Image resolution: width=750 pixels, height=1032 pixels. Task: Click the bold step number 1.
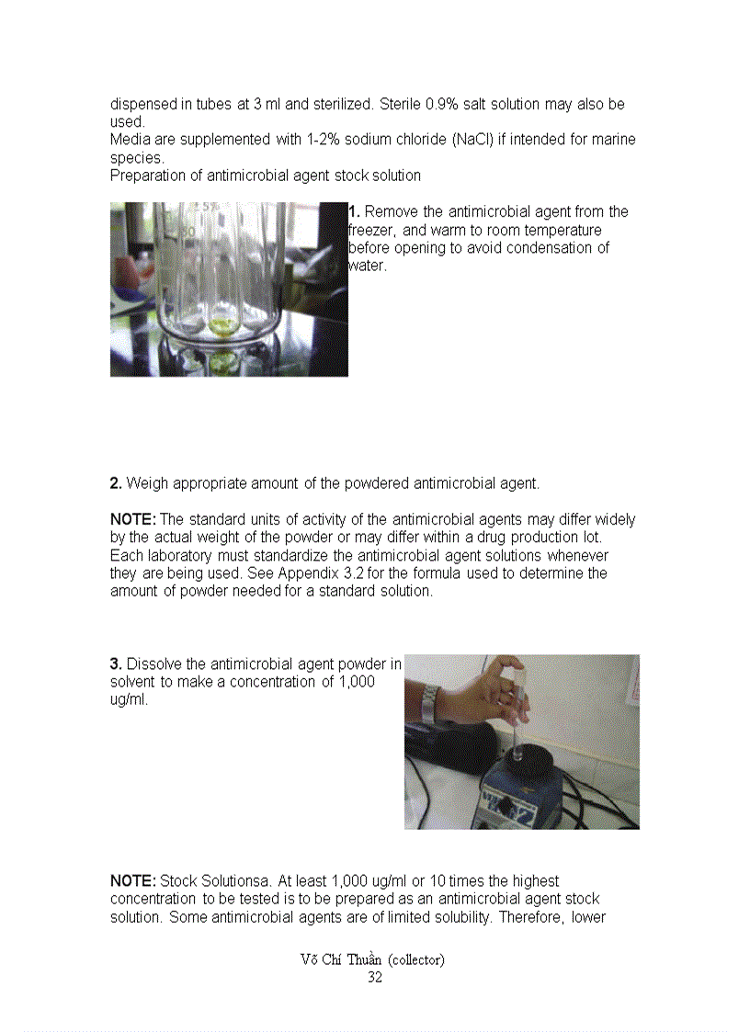click(x=354, y=212)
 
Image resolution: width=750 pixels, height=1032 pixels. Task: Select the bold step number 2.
click(x=116, y=483)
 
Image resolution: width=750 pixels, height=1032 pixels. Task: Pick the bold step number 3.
click(x=116, y=664)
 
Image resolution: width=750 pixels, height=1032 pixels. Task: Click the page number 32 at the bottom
click(x=374, y=978)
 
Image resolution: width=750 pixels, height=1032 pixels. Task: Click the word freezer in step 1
click(x=371, y=231)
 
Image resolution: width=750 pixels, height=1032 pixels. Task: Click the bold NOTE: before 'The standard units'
click(x=133, y=520)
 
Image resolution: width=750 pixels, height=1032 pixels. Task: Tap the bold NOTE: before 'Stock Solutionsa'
click(x=133, y=881)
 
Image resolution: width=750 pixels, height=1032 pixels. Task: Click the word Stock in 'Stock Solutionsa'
click(x=178, y=881)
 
